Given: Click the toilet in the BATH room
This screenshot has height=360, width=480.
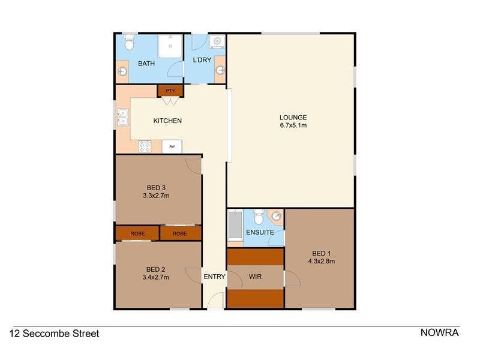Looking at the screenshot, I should point(128,43).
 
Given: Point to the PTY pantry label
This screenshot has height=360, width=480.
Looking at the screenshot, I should point(170,91).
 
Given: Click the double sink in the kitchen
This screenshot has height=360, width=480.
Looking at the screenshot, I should point(123,116).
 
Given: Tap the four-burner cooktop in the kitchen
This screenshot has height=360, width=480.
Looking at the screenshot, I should point(145,146).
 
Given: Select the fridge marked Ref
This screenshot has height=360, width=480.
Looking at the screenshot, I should point(172,146).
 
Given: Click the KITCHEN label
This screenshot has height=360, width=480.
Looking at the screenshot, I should point(167,121).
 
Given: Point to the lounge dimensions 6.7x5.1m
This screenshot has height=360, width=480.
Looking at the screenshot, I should point(293,125).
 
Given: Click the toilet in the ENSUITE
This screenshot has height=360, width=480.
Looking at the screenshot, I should point(258,215).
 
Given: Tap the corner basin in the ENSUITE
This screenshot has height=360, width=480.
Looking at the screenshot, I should point(276,217).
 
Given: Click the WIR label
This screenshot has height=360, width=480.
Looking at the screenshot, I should point(254,277).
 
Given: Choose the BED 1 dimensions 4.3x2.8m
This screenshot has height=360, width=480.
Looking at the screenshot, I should point(321,261).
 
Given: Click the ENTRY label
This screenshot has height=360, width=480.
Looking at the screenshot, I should point(214,277).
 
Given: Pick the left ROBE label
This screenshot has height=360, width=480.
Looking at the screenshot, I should point(137,233).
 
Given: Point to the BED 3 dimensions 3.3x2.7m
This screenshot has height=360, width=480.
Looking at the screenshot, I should point(156,195).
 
